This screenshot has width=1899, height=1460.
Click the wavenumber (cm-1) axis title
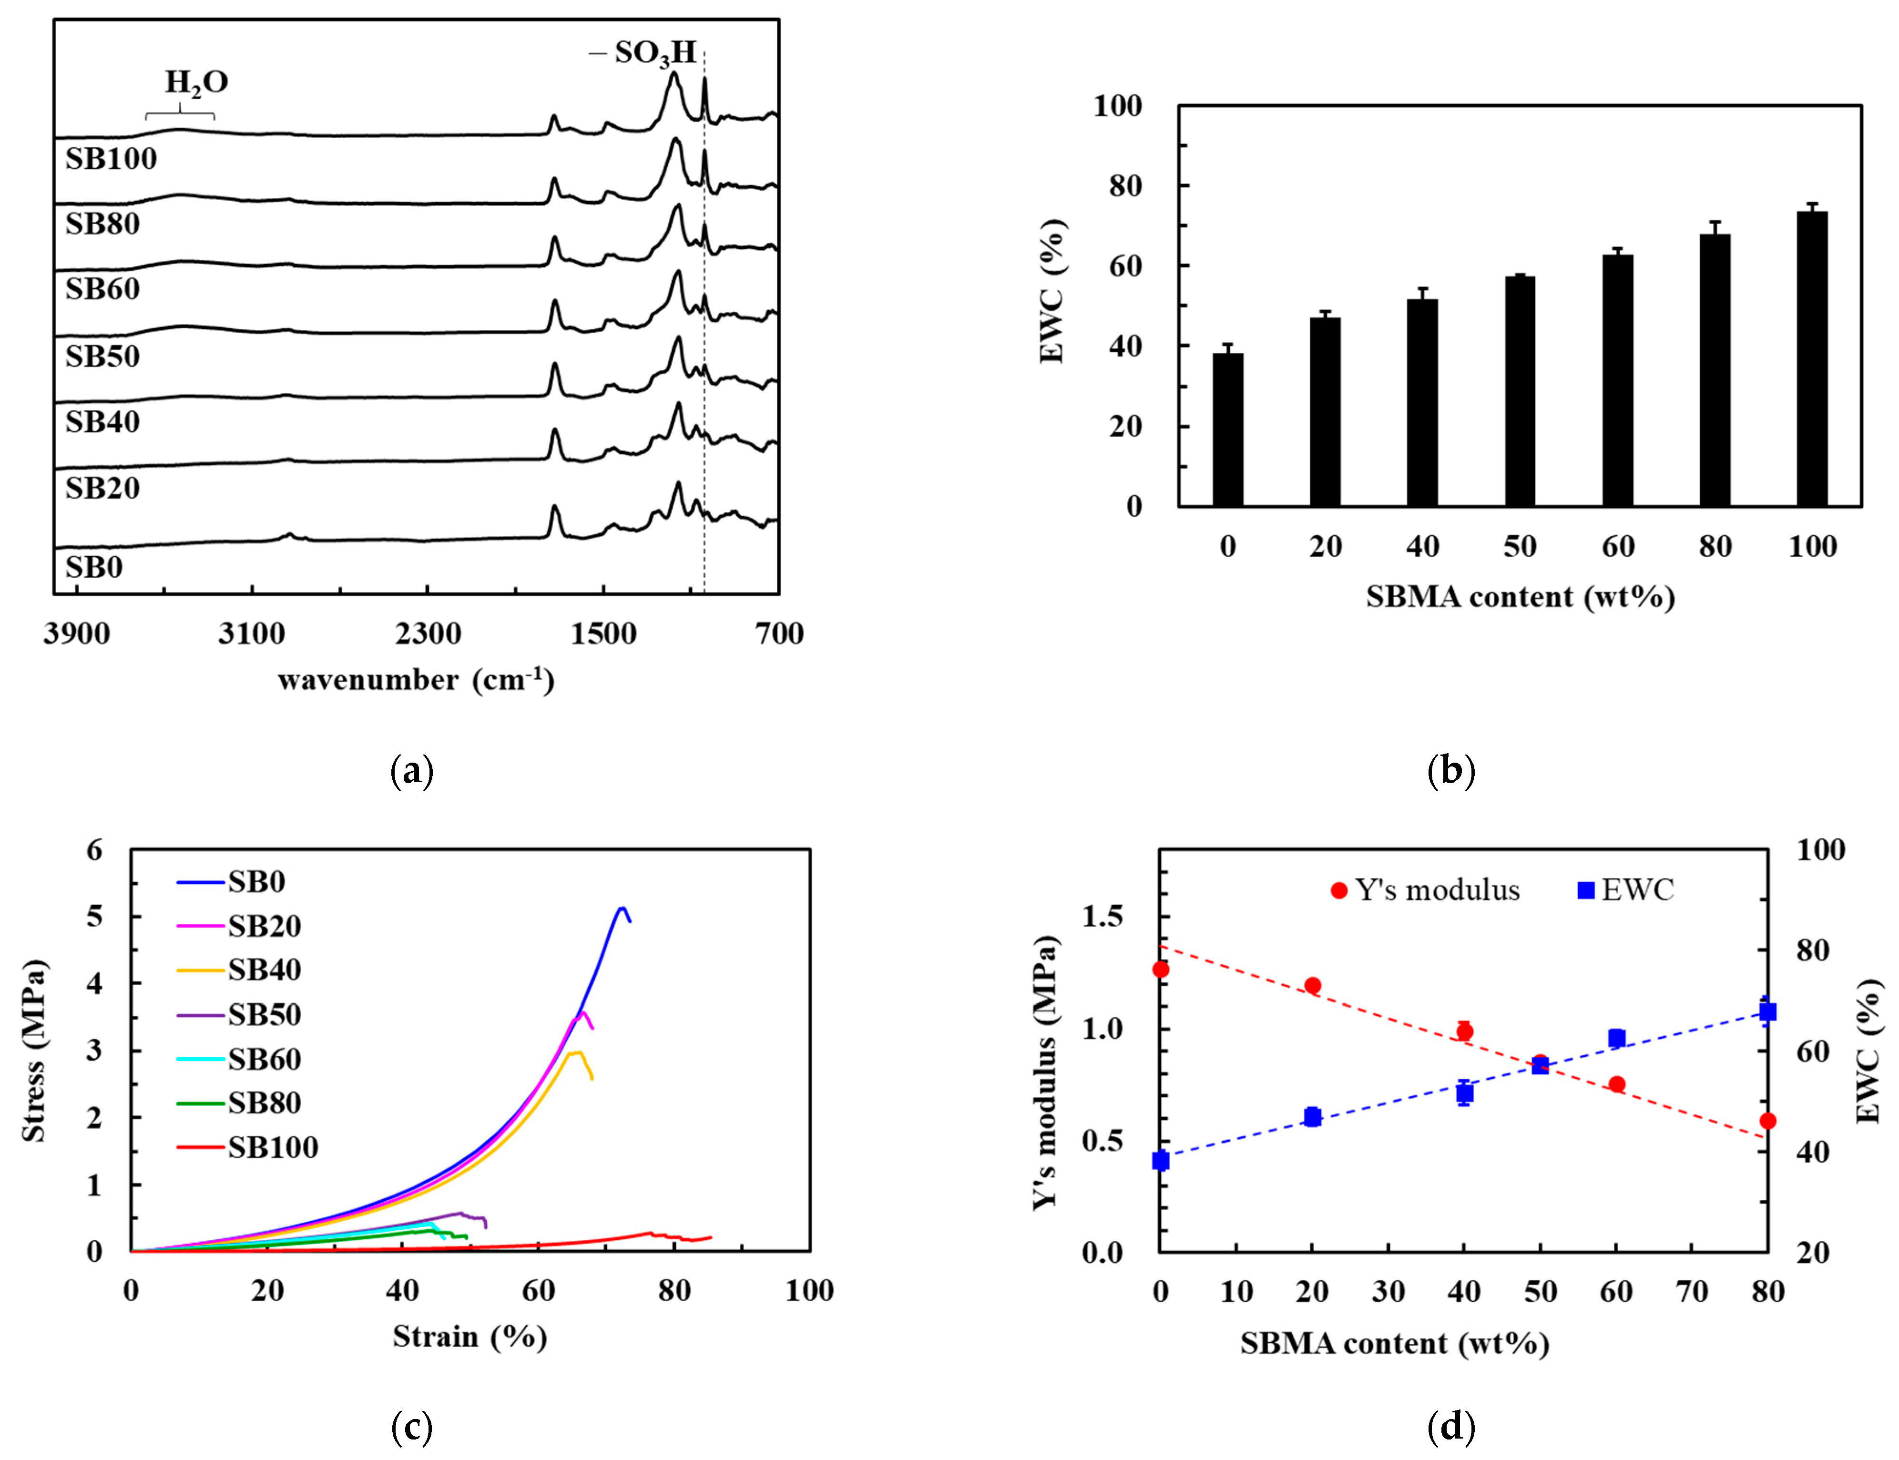[x=416, y=680]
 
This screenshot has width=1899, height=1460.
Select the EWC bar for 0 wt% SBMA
[x=1227, y=429]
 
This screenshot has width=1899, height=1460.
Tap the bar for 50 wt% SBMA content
[x=1520, y=391]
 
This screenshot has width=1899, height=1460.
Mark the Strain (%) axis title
[x=470, y=1337]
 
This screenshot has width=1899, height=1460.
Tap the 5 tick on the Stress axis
[x=94, y=917]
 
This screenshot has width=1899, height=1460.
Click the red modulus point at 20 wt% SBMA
[x=1312, y=986]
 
